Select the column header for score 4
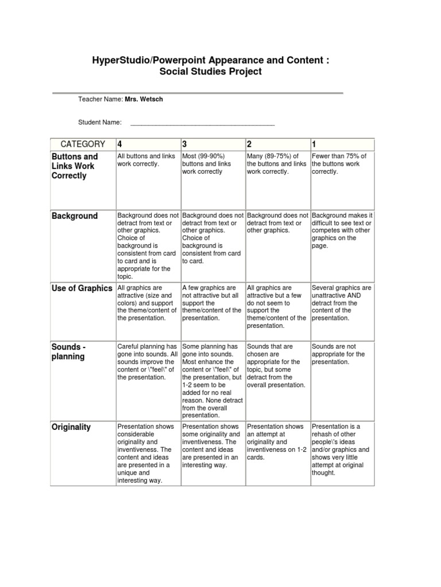click(x=120, y=144)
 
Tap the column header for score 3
click(x=185, y=144)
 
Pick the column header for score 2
click(x=250, y=144)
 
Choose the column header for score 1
click(x=314, y=144)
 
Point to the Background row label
click(x=75, y=216)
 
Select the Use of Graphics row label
click(x=82, y=288)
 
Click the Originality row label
click(x=71, y=427)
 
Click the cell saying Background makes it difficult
click(x=342, y=230)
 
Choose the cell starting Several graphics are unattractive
click(x=342, y=303)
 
